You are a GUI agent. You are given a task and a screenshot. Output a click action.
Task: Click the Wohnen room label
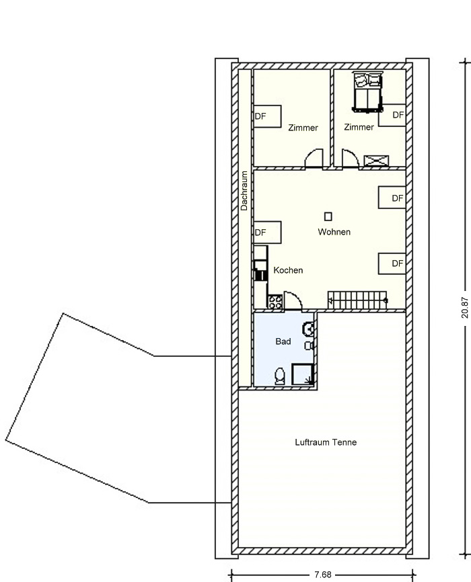click(x=334, y=232)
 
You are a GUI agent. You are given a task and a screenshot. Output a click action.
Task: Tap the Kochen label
click(x=288, y=270)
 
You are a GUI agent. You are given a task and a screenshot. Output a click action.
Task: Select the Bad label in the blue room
click(x=283, y=341)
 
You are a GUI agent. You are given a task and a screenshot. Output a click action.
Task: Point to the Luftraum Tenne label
click(x=326, y=442)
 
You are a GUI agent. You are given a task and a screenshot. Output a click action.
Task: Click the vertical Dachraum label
click(x=244, y=191)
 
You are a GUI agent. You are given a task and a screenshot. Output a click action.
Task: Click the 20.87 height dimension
click(x=465, y=307)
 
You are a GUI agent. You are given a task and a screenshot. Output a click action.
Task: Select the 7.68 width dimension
click(x=323, y=575)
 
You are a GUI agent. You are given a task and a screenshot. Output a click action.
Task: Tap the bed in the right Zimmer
click(x=367, y=92)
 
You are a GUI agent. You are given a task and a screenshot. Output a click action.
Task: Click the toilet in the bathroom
click(x=279, y=376)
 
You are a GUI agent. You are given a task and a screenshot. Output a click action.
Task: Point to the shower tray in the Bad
click(x=303, y=374)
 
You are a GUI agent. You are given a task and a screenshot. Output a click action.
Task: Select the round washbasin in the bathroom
click(x=309, y=329)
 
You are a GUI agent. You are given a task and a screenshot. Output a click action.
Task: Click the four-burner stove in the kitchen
click(x=275, y=302)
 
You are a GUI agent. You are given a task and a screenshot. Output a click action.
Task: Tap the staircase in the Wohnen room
click(x=357, y=300)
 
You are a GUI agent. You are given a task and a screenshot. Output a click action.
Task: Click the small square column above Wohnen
click(x=328, y=216)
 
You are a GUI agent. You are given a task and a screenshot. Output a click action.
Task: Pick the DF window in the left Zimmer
click(x=267, y=116)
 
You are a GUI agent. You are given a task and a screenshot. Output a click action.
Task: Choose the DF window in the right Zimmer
click(x=392, y=115)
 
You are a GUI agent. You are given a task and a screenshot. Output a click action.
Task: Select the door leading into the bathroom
click(x=293, y=300)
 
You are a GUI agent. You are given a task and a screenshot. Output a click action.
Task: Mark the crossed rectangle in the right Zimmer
click(x=376, y=161)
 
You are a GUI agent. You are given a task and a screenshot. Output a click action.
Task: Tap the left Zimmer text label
click(x=303, y=128)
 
